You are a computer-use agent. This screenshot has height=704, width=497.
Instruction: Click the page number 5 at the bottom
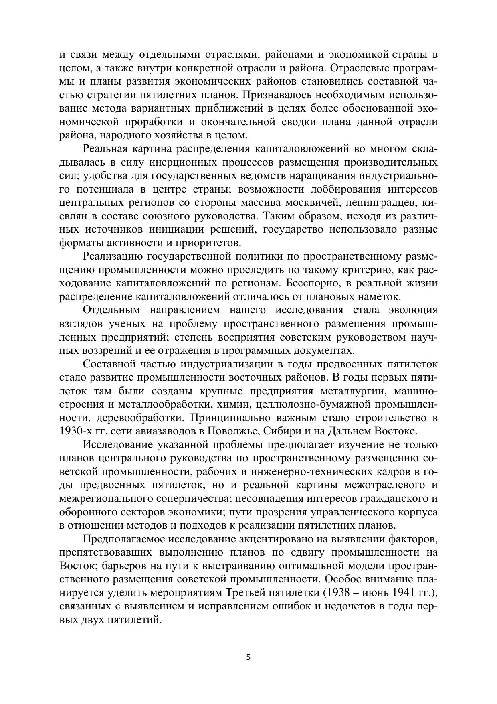point(248,657)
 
